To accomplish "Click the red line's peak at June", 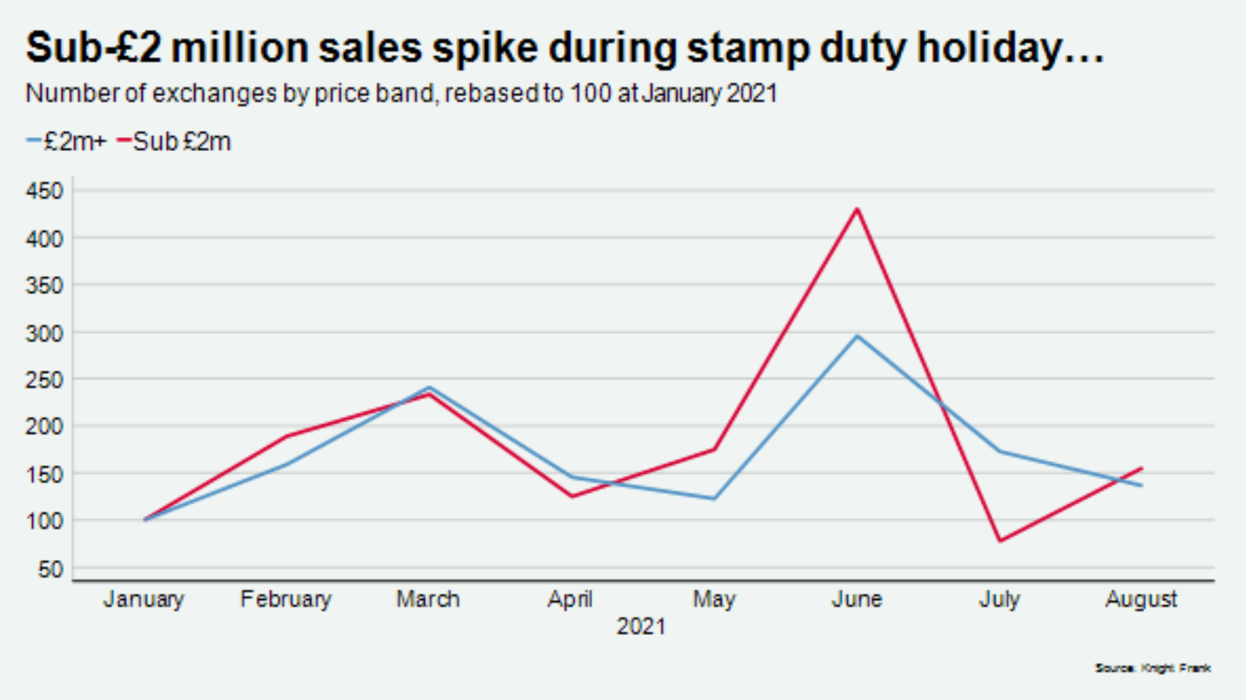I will coord(857,209).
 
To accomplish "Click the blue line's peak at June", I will coord(857,337).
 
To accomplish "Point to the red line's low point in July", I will coord(1000,540).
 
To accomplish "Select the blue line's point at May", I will coord(714,499).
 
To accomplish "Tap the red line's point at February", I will coord(286,436).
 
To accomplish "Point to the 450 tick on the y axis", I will coord(44,190).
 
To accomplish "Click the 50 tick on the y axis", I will coord(49,569).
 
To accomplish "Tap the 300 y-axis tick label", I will coord(44,333).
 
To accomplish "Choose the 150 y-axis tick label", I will coord(44,474).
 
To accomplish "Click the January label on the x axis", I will coord(143,599).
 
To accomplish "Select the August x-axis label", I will coord(1141,599).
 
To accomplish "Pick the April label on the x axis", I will coord(570,599).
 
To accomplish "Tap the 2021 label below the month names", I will coord(641,626).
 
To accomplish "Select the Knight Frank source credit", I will coord(1153,668).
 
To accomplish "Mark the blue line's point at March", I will coord(429,388).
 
